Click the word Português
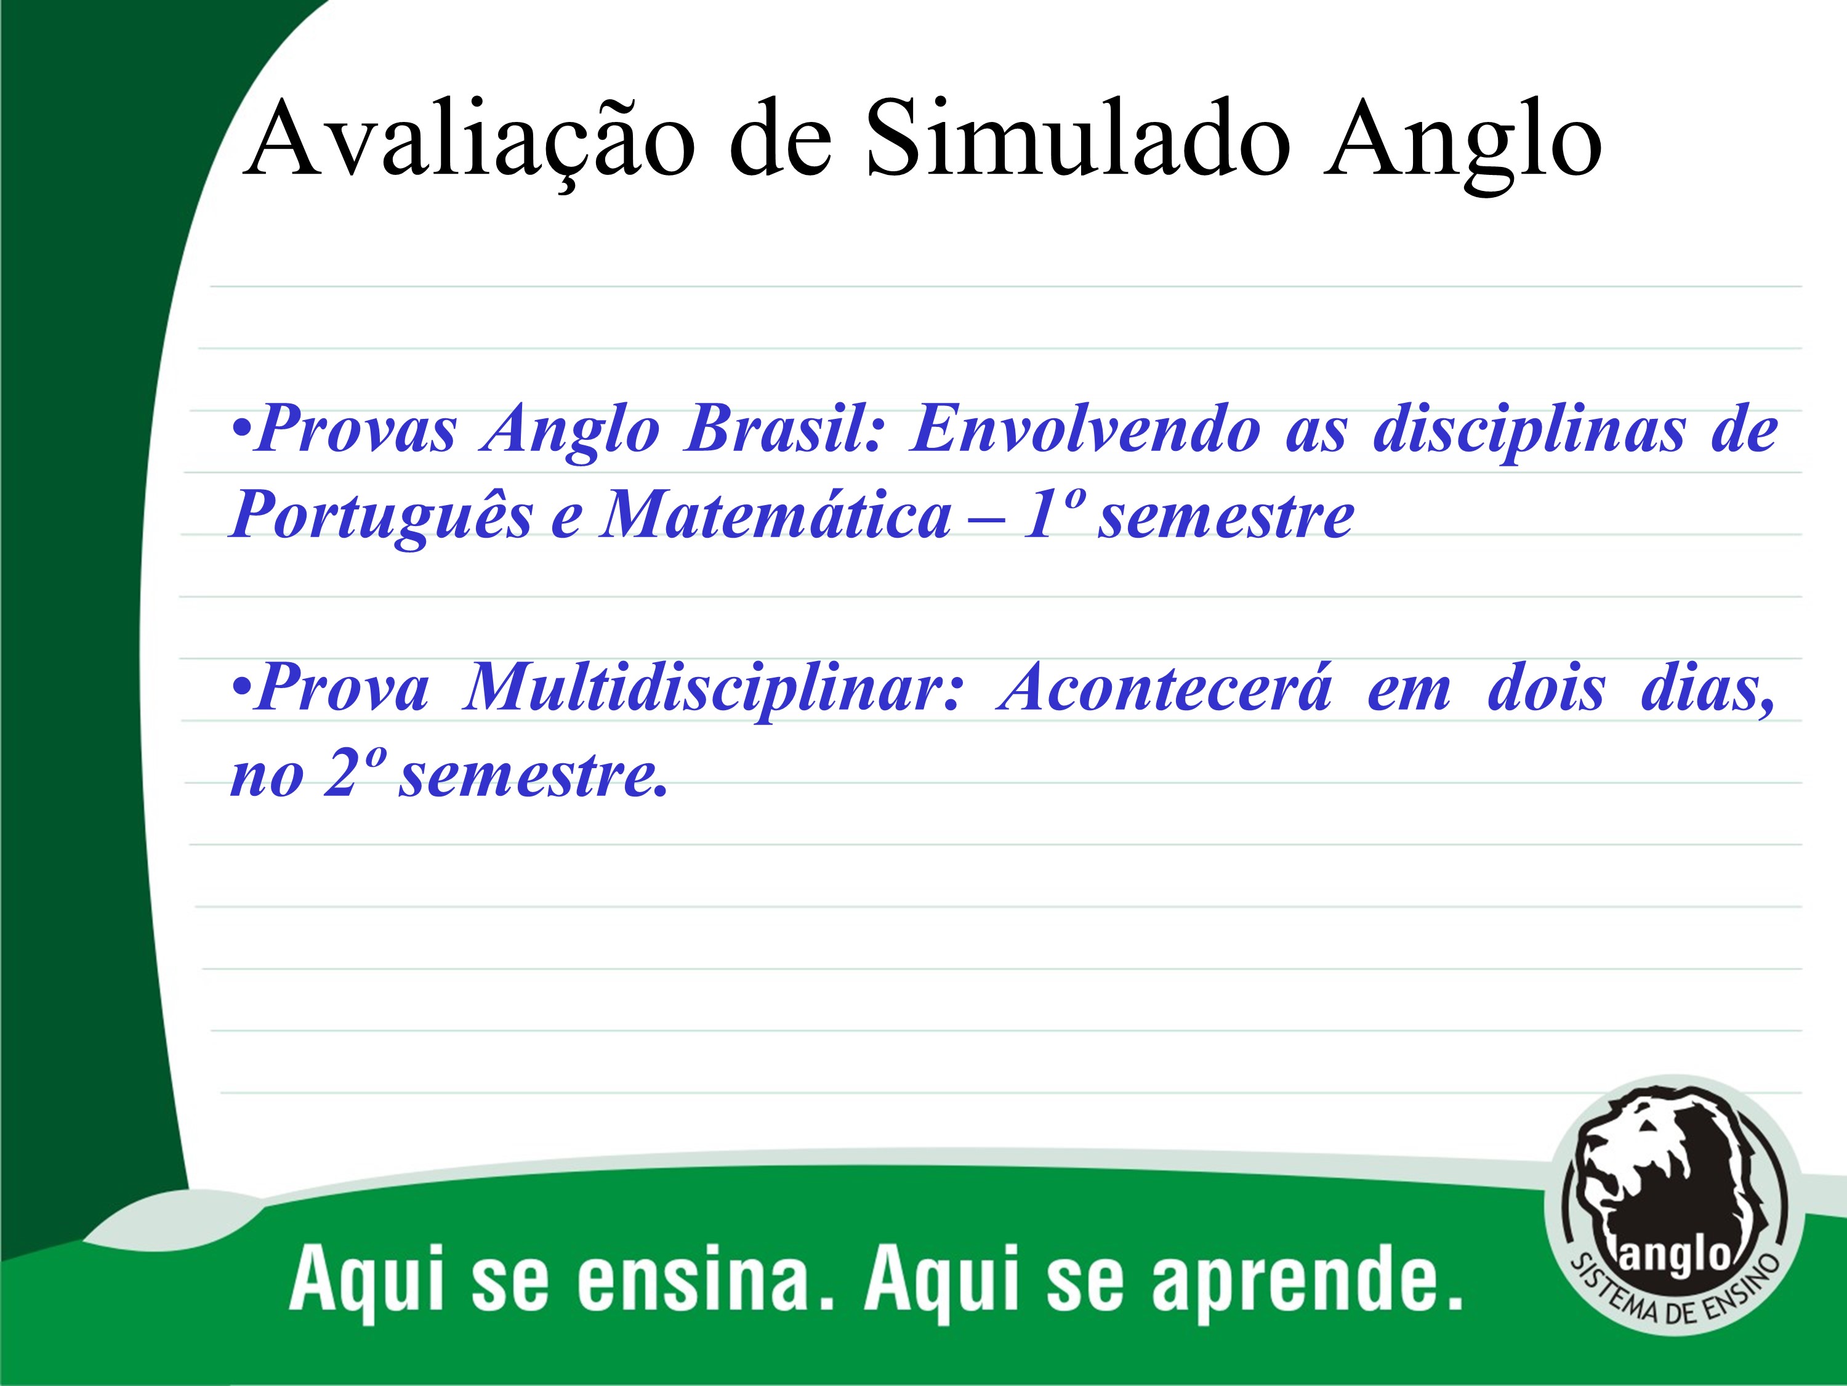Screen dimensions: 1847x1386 tap(382, 516)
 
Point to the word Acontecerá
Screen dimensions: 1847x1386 tap(1165, 687)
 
